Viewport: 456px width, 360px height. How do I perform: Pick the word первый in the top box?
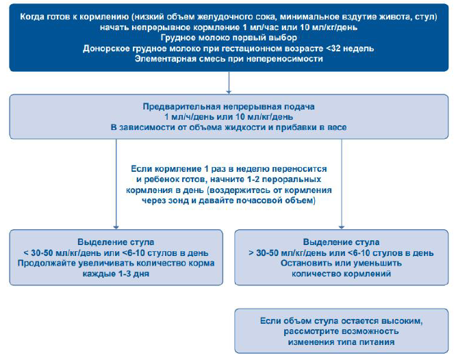point(237,38)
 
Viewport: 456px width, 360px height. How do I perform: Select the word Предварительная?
point(179,107)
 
